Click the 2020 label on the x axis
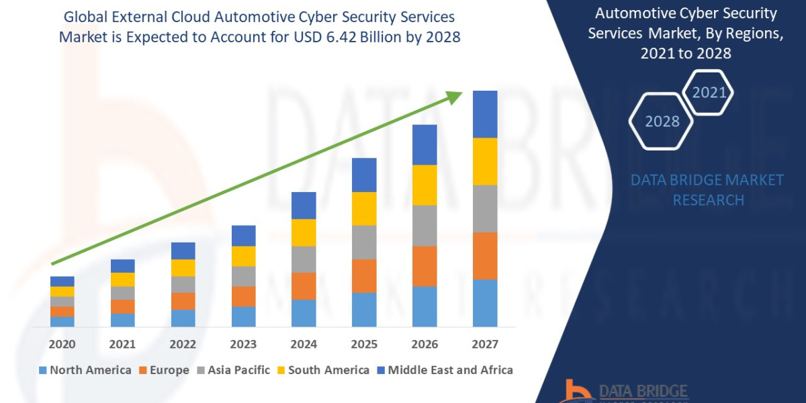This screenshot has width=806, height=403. (62, 345)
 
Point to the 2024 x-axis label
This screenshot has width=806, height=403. (304, 345)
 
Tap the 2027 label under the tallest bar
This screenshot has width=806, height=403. (485, 345)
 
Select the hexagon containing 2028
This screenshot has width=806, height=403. (662, 122)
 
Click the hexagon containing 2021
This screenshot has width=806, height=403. (709, 93)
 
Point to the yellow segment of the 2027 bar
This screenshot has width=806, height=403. (485, 161)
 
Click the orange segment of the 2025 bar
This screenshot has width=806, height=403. (364, 275)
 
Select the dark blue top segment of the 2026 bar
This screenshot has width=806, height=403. (424, 144)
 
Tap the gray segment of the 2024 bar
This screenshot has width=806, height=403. (304, 259)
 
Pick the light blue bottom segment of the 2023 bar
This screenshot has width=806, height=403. (243, 316)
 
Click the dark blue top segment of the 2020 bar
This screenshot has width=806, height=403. (62, 281)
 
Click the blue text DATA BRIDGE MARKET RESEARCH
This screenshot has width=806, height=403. (708, 190)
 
